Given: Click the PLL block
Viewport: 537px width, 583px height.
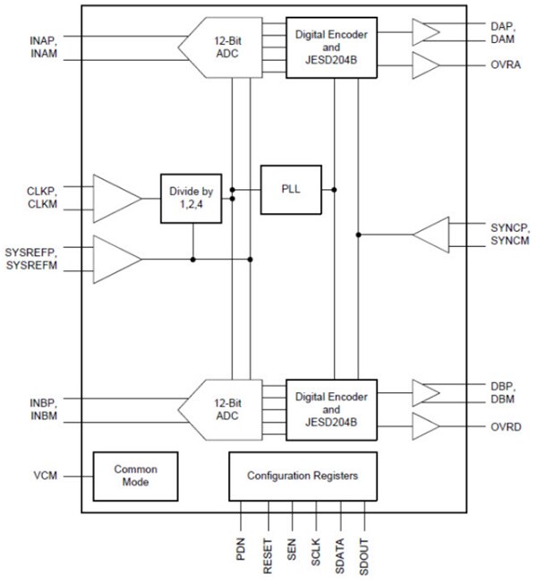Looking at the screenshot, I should pos(291,190).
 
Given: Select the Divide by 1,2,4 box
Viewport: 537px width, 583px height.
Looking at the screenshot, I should pos(192,197).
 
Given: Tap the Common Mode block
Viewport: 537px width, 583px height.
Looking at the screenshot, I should pos(135,476).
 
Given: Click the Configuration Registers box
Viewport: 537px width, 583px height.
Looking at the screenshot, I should pos(303,476).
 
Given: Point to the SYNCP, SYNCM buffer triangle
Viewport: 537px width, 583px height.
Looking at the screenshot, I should pos(429,235).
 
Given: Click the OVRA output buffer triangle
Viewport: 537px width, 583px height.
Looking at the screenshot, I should pos(425,65).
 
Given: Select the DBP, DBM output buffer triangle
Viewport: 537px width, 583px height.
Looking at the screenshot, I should pos(425,392).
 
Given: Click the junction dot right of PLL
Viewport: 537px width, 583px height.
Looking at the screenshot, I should pos(334,190).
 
